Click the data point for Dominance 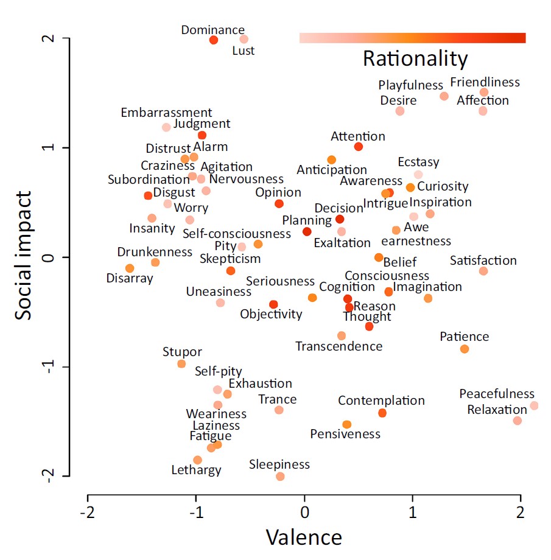coord(214,40)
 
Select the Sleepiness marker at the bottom coord(280,476)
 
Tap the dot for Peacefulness coord(534,405)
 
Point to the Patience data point coord(465,349)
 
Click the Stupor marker coord(181,364)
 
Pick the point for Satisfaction coord(483,271)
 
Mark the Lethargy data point coord(197,460)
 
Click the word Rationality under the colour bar coord(415,59)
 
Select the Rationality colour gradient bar coord(413,38)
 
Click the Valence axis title coord(304,537)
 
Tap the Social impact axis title coord(24,256)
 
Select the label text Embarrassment coord(166,113)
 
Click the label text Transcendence coord(339,346)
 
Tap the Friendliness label coord(485,82)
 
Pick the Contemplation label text coord(381,401)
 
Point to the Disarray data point coord(130,268)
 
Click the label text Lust coord(244,51)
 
